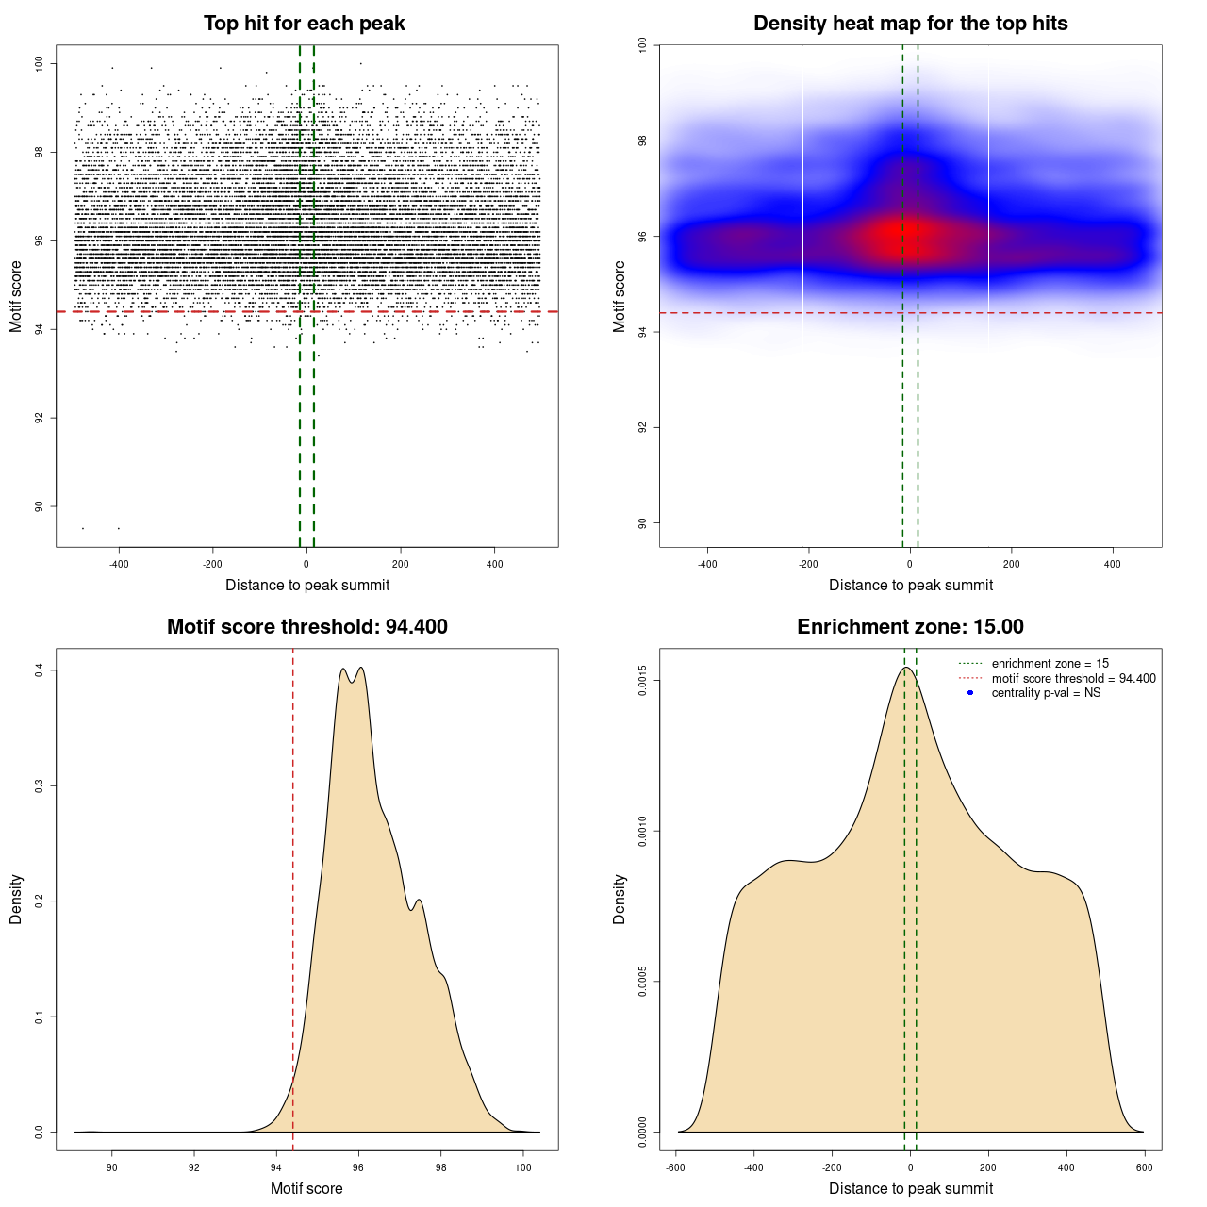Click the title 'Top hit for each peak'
coord(304,24)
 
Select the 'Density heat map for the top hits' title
coord(910,24)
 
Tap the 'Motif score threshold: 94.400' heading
coord(306,627)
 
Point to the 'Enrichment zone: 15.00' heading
coord(910,627)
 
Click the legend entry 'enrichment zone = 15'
coord(1050,664)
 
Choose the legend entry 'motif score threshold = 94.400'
coord(1073,679)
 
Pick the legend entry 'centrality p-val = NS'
coord(1046,693)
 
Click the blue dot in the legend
coord(970,693)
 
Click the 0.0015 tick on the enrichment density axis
coord(642,681)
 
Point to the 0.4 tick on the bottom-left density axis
coord(40,670)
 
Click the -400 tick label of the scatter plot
coord(119,565)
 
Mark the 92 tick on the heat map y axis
coord(642,427)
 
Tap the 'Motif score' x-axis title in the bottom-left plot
coord(306,1189)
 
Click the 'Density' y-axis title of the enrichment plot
coord(620,899)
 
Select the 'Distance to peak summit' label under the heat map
coord(910,586)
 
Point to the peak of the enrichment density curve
coord(906,668)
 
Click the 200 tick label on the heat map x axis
coord(1011,565)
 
